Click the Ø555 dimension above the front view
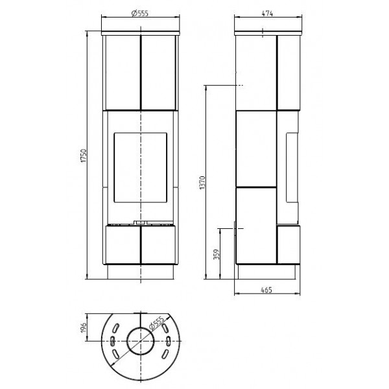tap(140, 13)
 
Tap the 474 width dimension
tap(267, 14)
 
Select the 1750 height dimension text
tap(84, 156)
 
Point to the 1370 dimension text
tap(203, 183)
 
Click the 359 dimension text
tap(217, 254)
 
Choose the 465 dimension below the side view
tap(266, 290)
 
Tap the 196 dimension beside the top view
tap(84, 327)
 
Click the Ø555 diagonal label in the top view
tap(156, 323)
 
